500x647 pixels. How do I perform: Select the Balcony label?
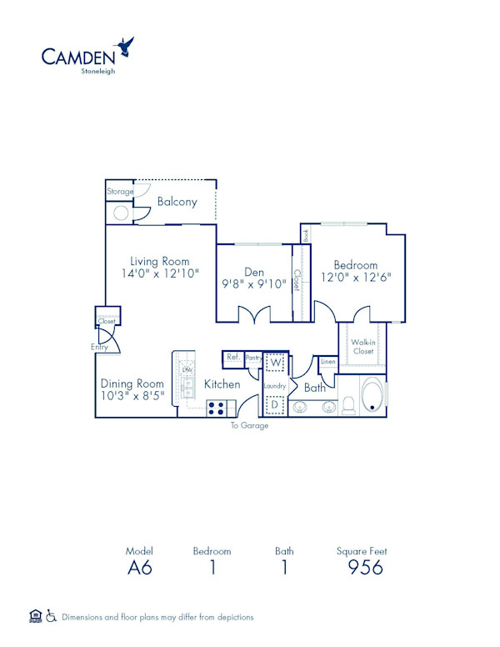(x=177, y=202)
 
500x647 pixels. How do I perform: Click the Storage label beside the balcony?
(x=120, y=192)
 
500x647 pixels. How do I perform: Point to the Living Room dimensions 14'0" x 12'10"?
(x=159, y=273)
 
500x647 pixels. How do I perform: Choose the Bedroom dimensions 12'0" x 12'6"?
(x=356, y=277)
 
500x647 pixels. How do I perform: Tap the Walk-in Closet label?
(x=362, y=346)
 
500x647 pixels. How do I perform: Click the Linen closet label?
(x=327, y=363)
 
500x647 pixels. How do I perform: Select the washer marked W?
(x=275, y=363)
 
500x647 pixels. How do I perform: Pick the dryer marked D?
(x=275, y=404)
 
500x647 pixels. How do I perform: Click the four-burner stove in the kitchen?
(x=217, y=409)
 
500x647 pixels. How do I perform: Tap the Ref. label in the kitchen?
(x=232, y=358)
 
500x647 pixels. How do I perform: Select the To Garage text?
(x=250, y=425)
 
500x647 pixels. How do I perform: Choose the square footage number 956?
(x=365, y=568)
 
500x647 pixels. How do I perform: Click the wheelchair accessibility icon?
(x=51, y=617)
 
